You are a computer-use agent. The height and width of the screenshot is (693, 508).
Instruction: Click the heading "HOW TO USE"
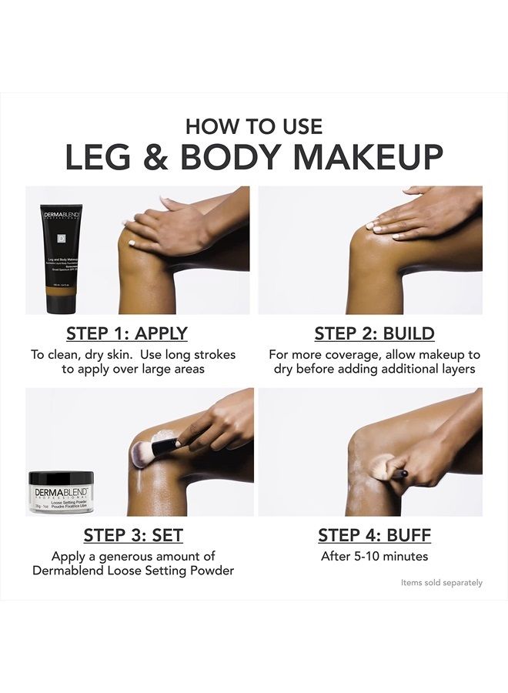pos(254,126)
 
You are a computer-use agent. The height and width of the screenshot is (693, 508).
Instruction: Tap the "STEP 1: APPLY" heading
pos(127,334)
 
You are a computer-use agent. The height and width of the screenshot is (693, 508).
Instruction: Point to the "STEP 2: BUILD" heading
pos(374,334)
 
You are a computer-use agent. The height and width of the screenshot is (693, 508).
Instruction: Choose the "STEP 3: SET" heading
pos(133,534)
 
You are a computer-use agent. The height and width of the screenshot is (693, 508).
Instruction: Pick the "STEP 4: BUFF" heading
pos(374,534)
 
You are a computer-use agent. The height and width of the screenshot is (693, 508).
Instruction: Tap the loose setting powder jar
pos(61,492)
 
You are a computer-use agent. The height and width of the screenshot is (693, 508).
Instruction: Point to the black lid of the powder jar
pos(61,478)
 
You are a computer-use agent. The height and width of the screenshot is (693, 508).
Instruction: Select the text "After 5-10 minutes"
pos(374,556)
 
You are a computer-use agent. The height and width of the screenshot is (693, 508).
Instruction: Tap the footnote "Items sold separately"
pos(441,583)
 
